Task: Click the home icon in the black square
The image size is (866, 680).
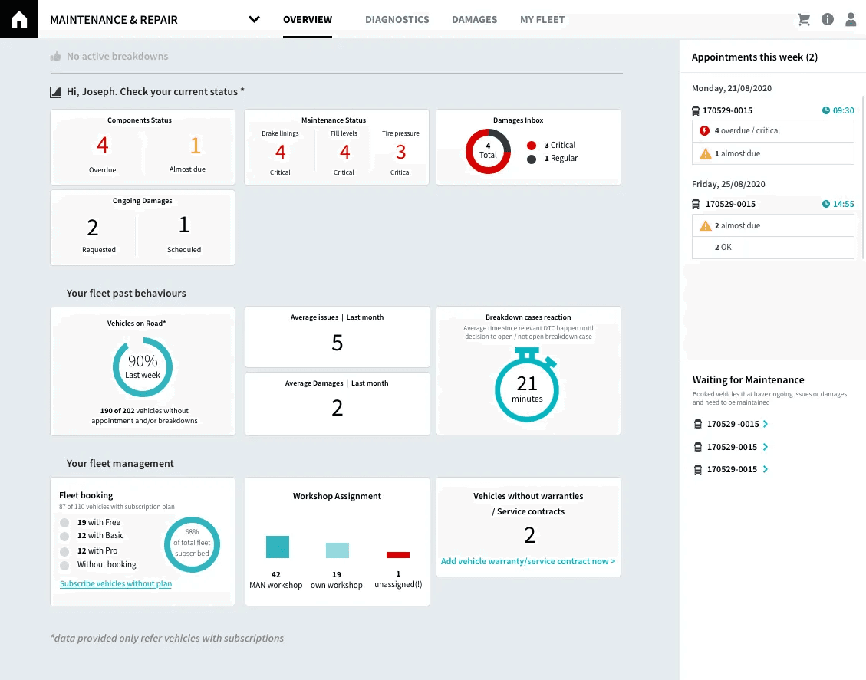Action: tap(18, 19)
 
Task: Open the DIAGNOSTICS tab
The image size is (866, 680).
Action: tap(397, 20)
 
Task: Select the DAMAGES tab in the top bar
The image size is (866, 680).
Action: tap(474, 20)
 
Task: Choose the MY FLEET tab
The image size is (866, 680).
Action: tap(542, 20)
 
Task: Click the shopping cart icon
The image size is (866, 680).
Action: tap(804, 20)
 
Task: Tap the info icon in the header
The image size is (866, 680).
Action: tap(827, 20)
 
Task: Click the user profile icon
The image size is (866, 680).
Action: tap(851, 20)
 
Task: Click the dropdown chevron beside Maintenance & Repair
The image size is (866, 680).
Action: tap(255, 20)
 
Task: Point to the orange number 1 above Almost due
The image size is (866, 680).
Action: tap(195, 145)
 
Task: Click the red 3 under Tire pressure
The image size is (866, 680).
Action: tap(400, 152)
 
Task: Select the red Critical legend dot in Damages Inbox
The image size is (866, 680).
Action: tap(532, 145)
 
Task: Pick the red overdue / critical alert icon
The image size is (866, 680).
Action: tap(705, 131)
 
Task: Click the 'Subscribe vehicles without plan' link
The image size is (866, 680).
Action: tap(116, 584)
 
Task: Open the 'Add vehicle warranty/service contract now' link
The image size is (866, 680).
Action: tap(528, 561)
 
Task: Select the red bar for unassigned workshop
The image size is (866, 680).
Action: tap(398, 554)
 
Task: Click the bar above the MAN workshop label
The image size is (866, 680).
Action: tap(277, 547)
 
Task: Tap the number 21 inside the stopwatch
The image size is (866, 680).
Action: tap(527, 383)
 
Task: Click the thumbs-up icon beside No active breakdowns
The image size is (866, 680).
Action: tap(55, 57)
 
